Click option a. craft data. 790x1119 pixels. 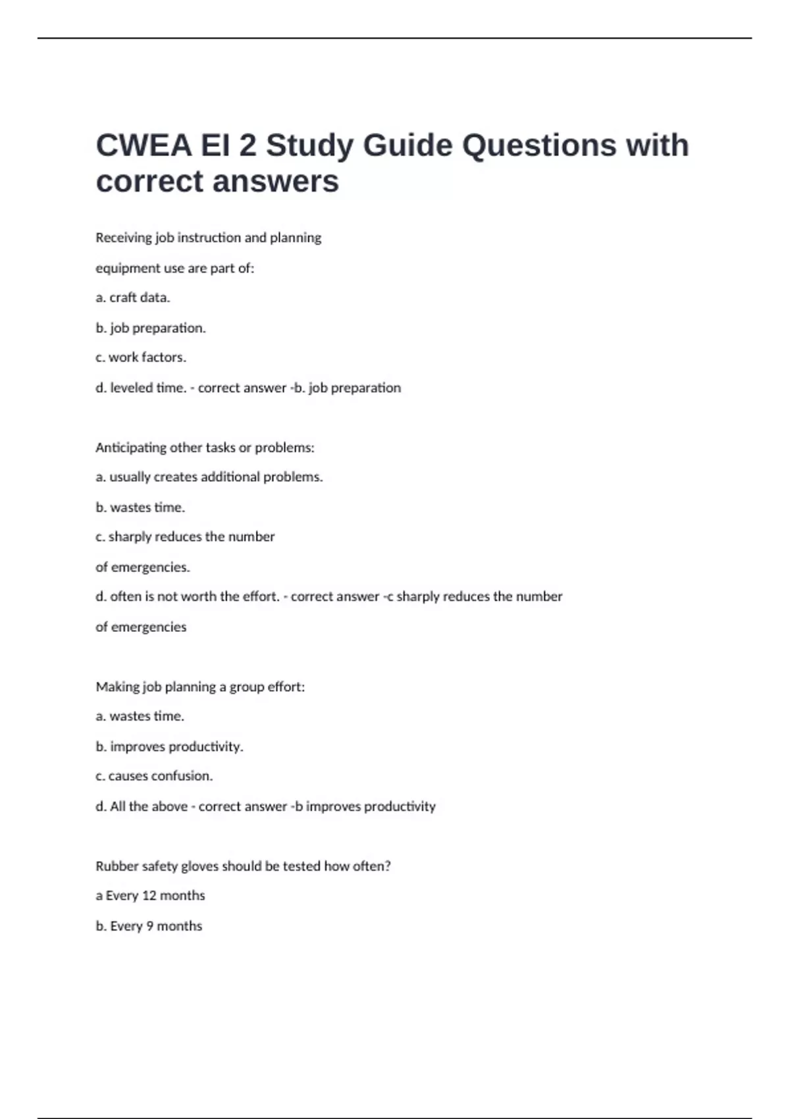pyautogui.click(x=133, y=298)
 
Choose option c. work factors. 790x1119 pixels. pyautogui.click(x=141, y=357)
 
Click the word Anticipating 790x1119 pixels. pyautogui.click(x=130, y=448)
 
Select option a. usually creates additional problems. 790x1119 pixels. pyautogui.click(x=209, y=477)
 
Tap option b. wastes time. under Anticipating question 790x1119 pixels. pyautogui.click(x=140, y=507)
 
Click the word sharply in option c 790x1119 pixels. pyautogui.click(x=129, y=537)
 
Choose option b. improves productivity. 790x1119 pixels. pyautogui.click(x=169, y=746)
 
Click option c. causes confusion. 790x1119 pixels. pyautogui.click(x=154, y=776)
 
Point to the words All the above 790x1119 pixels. pyautogui.click(x=149, y=806)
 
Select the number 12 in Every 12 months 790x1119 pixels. pyautogui.click(x=149, y=896)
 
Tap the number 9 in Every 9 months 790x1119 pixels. pyautogui.click(x=150, y=926)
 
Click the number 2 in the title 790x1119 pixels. pyautogui.click(x=248, y=145)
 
